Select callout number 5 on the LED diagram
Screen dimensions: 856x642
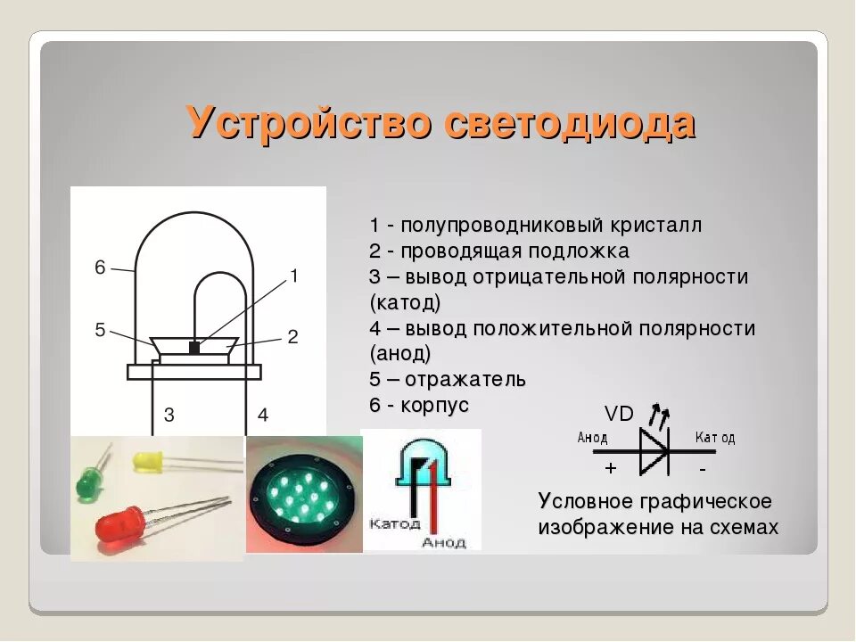click(x=100, y=330)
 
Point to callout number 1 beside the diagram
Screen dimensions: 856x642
click(x=294, y=276)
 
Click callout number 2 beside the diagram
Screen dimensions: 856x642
click(x=292, y=336)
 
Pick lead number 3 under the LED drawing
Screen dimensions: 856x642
click(x=169, y=415)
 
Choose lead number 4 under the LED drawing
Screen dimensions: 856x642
click(x=262, y=415)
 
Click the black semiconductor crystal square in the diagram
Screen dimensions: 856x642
click(x=194, y=348)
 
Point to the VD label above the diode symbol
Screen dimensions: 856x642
click(x=619, y=414)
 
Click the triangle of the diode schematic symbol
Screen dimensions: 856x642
click(x=654, y=450)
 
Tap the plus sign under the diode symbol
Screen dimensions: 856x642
click(x=610, y=468)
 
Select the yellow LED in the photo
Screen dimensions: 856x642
click(x=146, y=461)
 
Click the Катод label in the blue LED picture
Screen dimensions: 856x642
click(x=394, y=523)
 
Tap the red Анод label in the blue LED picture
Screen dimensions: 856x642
click(x=443, y=541)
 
